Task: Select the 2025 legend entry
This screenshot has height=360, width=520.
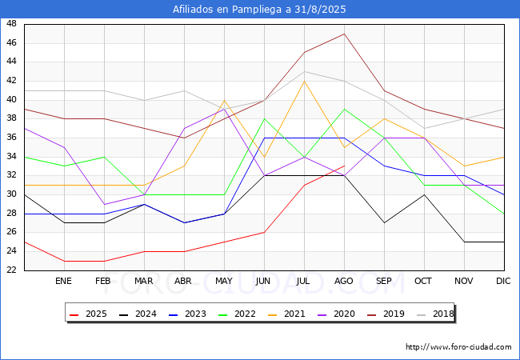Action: pyautogui.click(x=88, y=314)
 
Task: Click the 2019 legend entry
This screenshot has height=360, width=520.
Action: pyautogui.click(x=386, y=314)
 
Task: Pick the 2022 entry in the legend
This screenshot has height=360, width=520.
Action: pyautogui.click(x=237, y=314)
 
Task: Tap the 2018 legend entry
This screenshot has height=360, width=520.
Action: pyautogui.click(x=435, y=314)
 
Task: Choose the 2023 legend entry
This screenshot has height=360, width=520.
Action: pyautogui.click(x=187, y=314)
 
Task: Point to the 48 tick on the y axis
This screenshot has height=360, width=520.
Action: pyautogui.click(x=11, y=23)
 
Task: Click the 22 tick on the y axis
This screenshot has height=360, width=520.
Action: pyautogui.click(x=11, y=270)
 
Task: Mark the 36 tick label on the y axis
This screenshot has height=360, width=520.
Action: pyautogui.click(x=11, y=138)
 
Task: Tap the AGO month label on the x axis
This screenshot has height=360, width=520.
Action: pyautogui.click(x=343, y=281)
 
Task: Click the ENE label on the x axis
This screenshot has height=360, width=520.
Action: pyautogui.click(x=63, y=281)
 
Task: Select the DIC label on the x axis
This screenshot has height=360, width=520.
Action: pyautogui.click(x=503, y=281)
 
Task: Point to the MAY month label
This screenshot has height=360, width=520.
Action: pyautogui.click(x=224, y=281)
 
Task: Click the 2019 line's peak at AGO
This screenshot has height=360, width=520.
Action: pyautogui.click(x=345, y=34)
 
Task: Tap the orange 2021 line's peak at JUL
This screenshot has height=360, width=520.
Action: pyautogui.click(x=305, y=81)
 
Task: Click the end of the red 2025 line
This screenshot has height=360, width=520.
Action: pyautogui.click(x=345, y=166)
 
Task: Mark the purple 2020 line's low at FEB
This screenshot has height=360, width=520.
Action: pyautogui.click(x=105, y=204)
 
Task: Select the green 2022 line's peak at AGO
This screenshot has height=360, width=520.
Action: pyautogui.click(x=345, y=109)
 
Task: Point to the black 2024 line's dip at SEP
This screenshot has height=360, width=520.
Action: pyautogui.click(x=384, y=222)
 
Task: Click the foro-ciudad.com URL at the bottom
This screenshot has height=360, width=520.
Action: pyautogui.click(x=458, y=347)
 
